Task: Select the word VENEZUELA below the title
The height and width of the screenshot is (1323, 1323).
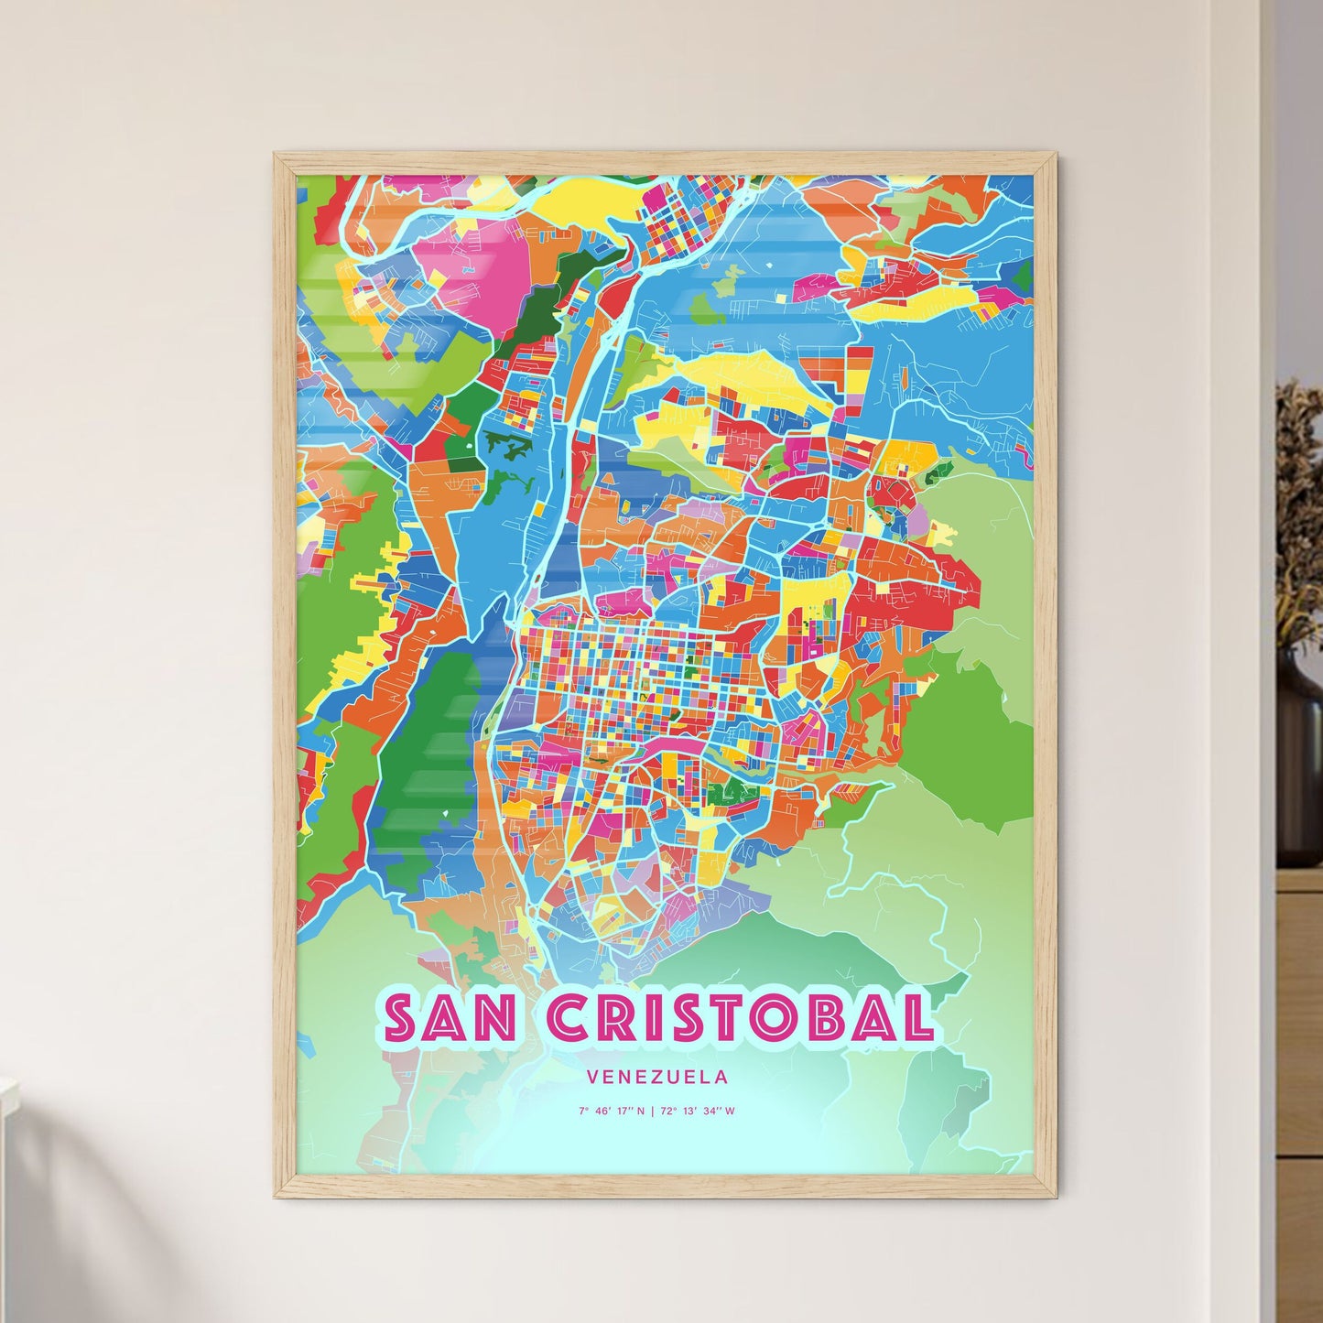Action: pyautogui.click(x=659, y=1077)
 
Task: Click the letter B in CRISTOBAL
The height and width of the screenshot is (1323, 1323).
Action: pyautogui.click(x=835, y=1017)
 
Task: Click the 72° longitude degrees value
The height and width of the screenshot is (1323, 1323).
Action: pyautogui.click(x=666, y=1112)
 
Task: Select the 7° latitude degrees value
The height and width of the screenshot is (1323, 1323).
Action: pyautogui.click(x=582, y=1112)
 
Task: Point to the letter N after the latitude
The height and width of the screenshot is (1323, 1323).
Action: pyautogui.click(x=641, y=1112)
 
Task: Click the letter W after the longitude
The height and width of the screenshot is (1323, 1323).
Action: pyautogui.click(x=731, y=1112)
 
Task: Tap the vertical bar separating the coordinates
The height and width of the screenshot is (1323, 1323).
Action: pyautogui.click(x=652, y=1112)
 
